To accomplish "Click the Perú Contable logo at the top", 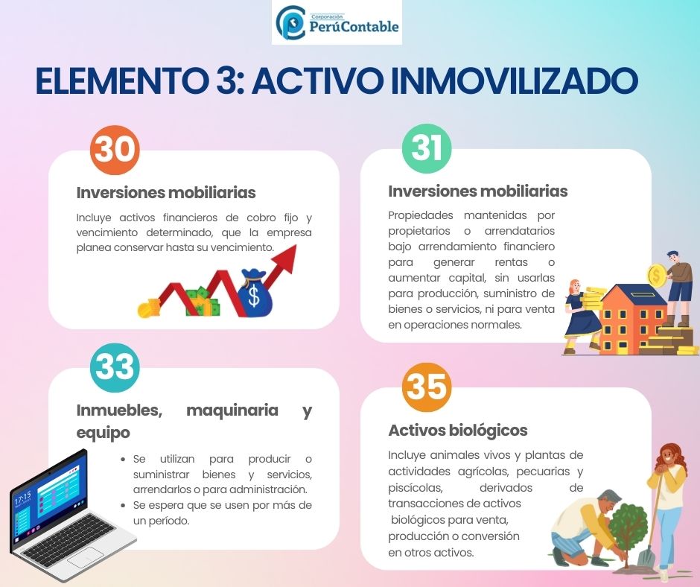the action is (x=337, y=22).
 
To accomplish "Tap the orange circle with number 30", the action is (x=115, y=150).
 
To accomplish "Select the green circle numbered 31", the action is (x=427, y=149).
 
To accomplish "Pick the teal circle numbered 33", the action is (x=115, y=368).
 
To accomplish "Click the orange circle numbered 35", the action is (x=427, y=387).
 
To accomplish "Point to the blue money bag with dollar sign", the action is (x=254, y=293).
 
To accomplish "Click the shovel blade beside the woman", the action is (x=646, y=557).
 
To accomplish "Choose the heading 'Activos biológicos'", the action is (x=457, y=431).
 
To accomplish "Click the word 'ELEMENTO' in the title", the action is (x=120, y=81).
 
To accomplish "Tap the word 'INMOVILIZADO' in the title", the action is (x=514, y=81).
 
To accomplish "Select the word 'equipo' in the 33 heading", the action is (x=103, y=433).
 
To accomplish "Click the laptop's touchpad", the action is (x=86, y=557).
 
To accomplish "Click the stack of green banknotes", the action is (x=203, y=302).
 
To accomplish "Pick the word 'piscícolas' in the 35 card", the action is (x=416, y=488).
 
